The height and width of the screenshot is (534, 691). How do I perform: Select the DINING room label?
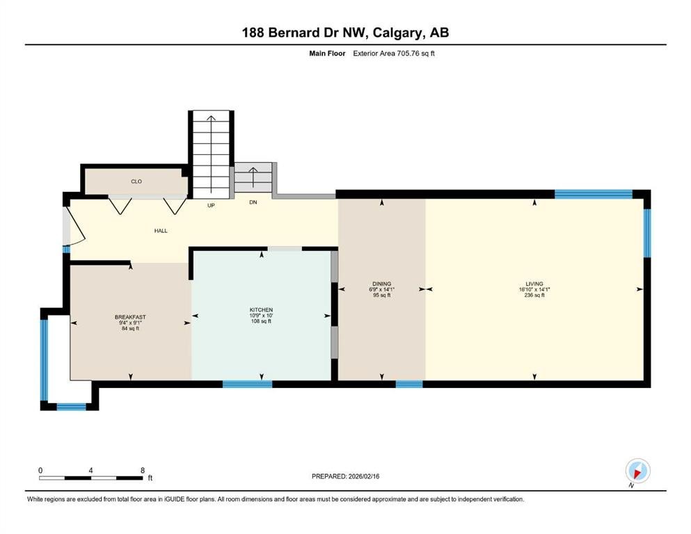pyautogui.click(x=381, y=284)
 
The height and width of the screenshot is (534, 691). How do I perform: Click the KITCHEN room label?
pyautogui.click(x=262, y=309)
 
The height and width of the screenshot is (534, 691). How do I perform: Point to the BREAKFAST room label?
pyautogui.click(x=130, y=317)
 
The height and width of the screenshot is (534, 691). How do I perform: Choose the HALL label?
pyautogui.click(x=161, y=231)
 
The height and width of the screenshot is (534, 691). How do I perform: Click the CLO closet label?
pyautogui.click(x=136, y=181)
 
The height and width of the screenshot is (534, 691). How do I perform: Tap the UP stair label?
pyautogui.click(x=210, y=206)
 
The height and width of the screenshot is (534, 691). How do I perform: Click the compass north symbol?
pyautogui.click(x=637, y=471)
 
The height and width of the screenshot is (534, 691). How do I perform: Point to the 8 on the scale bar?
pyautogui.click(x=142, y=470)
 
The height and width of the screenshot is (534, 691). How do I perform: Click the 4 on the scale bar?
pyautogui.click(x=91, y=470)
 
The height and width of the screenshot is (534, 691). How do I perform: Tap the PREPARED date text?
pyautogui.click(x=345, y=476)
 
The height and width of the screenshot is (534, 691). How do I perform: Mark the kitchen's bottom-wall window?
pyautogui.click(x=247, y=384)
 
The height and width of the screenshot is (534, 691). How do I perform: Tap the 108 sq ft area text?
pyautogui.click(x=262, y=322)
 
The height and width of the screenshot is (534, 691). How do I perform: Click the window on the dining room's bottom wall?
pyautogui.click(x=409, y=384)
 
